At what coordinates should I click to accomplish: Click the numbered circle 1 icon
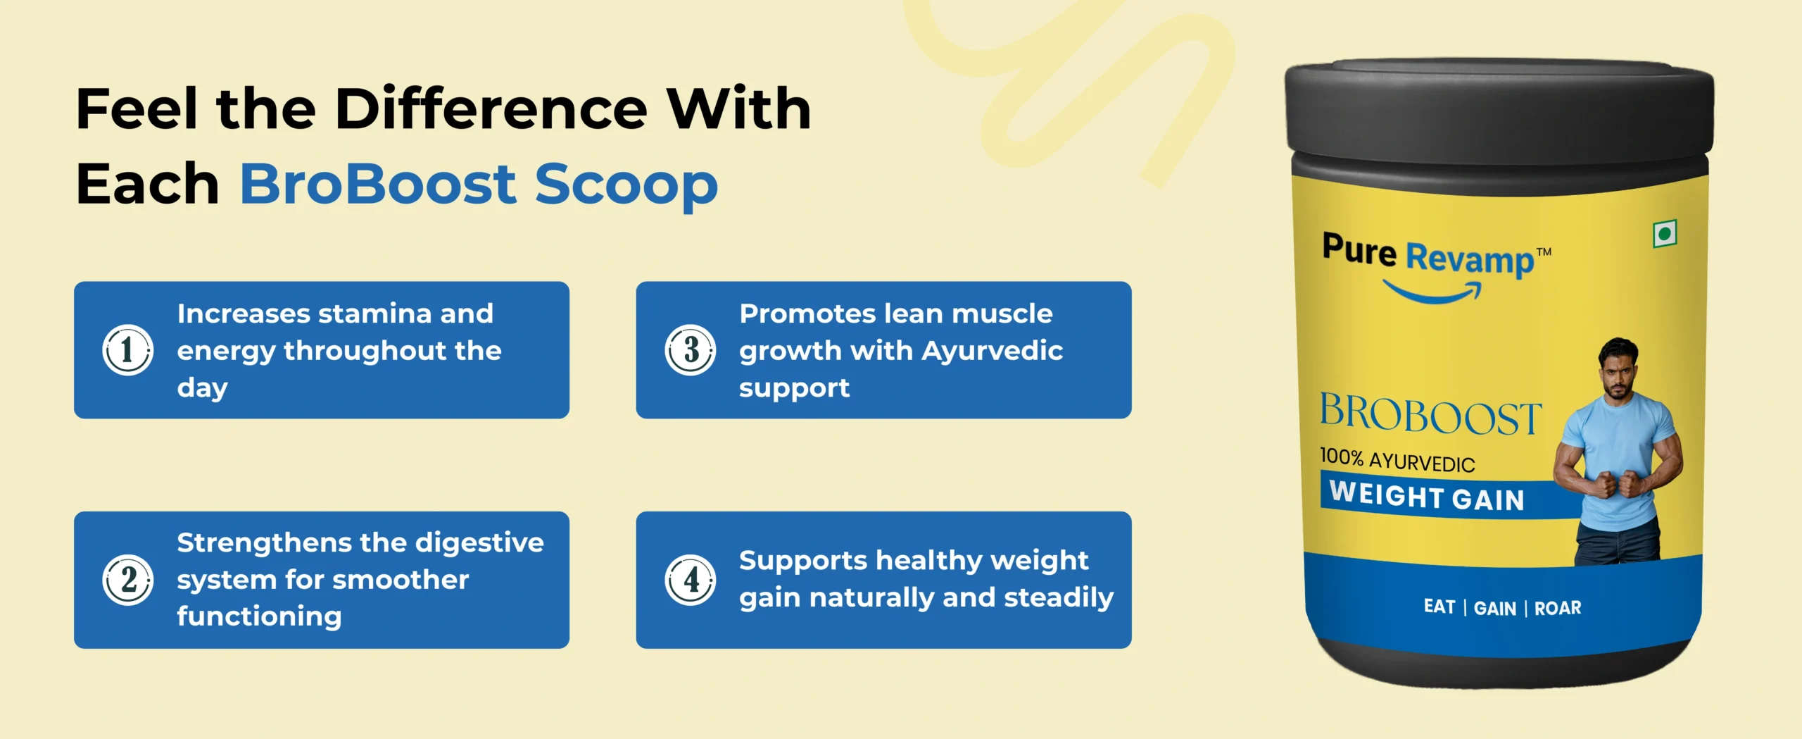coord(127,350)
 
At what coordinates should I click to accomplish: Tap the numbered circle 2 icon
coord(127,580)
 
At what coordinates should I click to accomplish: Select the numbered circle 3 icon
coord(690,350)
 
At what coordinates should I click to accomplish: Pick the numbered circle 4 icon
coord(690,580)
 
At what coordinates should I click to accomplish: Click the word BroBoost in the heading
coord(379,184)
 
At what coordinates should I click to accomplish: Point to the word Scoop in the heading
coord(626,187)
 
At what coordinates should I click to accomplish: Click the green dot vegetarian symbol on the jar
coord(1665,233)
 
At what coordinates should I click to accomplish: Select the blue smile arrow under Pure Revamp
coord(1432,292)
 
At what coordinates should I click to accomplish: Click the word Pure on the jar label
coord(1359,249)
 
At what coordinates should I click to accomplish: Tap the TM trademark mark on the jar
coord(1544,251)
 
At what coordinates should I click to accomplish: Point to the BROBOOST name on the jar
coord(1430,414)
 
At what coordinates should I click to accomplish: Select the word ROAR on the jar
coord(1558,608)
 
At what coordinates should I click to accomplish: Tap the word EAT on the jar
coord(1439,607)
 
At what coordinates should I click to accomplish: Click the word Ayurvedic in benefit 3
coord(992,351)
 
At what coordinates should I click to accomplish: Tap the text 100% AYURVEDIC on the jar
coord(1397,460)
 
